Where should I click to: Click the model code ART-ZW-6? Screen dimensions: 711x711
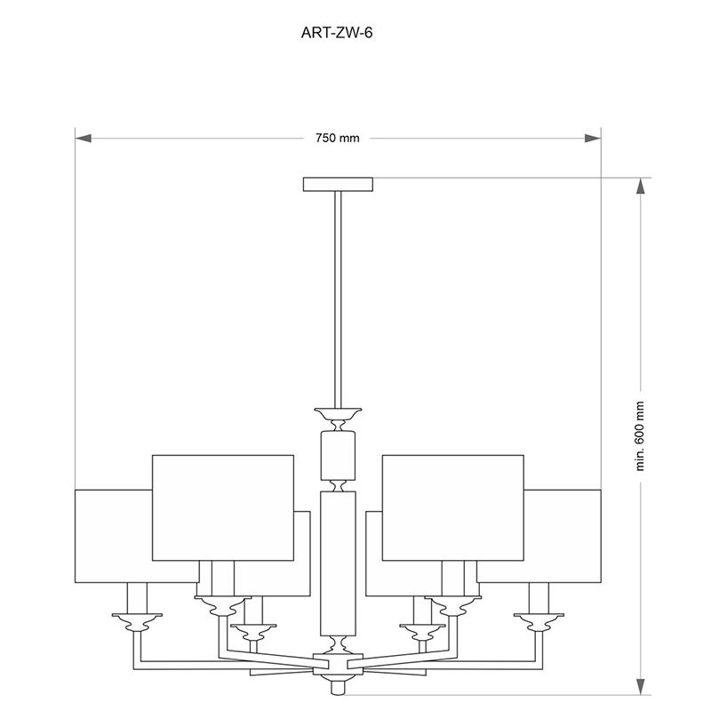337,33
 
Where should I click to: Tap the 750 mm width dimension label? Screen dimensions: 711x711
338,138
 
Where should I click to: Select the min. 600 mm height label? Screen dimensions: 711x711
640,436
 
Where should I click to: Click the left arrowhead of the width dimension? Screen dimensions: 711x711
84,138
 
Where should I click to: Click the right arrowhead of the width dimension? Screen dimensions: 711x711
593,138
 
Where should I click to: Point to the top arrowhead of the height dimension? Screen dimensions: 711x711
640,187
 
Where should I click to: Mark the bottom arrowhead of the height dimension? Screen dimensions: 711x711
640,686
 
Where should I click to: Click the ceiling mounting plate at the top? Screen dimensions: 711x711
338,184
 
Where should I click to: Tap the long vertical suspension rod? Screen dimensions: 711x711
338,300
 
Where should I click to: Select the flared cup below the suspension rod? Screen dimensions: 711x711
338,413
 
